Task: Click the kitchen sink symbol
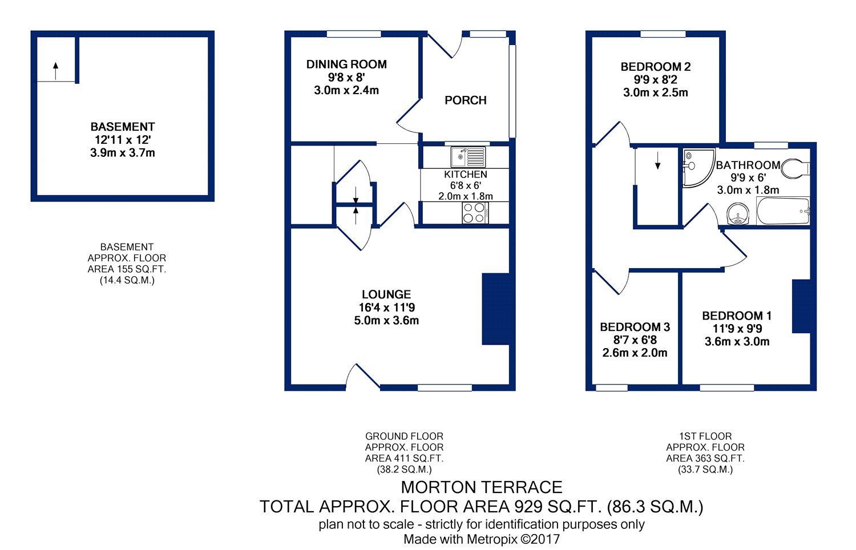tap(468, 157)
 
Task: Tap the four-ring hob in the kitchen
tap(475, 213)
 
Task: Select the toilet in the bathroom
tap(796, 168)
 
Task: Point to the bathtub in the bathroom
tap(783, 211)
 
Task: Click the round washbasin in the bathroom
tap(737, 215)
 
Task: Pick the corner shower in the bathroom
tap(698, 168)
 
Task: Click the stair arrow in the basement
tap(56, 71)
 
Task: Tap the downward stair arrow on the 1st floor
tap(657, 160)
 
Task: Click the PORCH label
tap(466, 100)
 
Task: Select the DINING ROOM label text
tap(346, 64)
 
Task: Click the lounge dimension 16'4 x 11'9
tap(387, 308)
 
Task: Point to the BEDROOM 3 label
tap(635, 327)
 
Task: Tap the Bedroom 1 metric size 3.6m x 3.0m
tap(737, 341)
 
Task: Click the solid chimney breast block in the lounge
tap(496, 309)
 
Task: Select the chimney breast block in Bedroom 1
tap(801, 306)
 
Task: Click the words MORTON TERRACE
tap(482, 487)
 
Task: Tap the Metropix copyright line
tap(482, 539)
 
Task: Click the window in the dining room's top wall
tap(354, 34)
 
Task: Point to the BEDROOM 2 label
tap(656, 67)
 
